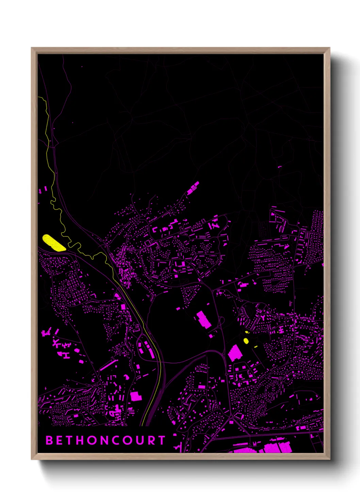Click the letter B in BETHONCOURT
[49, 440]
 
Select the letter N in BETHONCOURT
[103, 440]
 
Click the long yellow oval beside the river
[54, 243]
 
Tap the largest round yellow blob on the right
[246, 341]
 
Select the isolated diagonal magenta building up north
[193, 188]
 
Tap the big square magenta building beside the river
[136, 396]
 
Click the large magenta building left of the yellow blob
[234, 353]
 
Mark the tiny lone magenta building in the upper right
[280, 167]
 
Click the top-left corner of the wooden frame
[32, 48]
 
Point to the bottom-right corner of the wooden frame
[329, 459]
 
